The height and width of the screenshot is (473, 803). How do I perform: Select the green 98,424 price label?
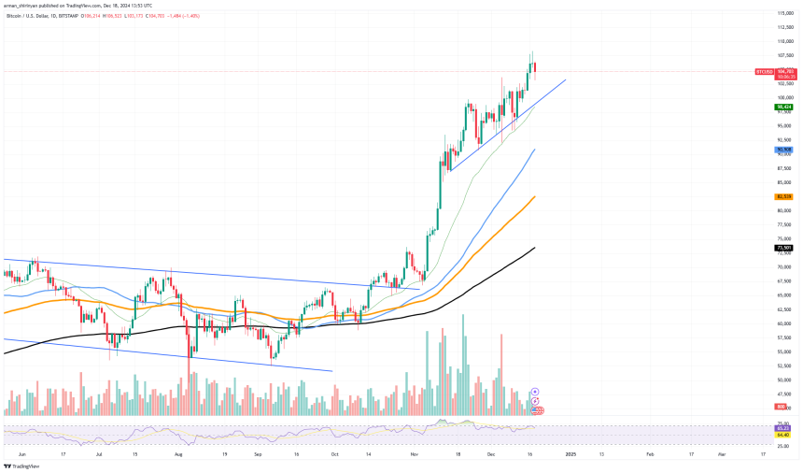(784, 107)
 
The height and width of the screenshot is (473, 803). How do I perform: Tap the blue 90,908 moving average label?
(784, 150)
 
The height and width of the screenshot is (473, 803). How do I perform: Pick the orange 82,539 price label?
(784, 197)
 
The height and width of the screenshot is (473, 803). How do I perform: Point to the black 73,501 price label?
(784, 248)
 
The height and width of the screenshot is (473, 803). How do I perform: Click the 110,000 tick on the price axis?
(784, 41)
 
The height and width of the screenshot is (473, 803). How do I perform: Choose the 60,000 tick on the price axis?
(784, 323)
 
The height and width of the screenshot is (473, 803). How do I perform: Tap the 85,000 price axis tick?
(784, 182)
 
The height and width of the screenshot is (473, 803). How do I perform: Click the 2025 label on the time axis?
(570, 452)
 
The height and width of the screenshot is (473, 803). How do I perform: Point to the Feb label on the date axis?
(651, 452)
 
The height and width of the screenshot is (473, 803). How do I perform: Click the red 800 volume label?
(780, 408)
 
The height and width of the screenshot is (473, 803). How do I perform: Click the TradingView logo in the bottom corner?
(21, 465)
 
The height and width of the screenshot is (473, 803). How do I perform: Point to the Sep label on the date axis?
(257, 452)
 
